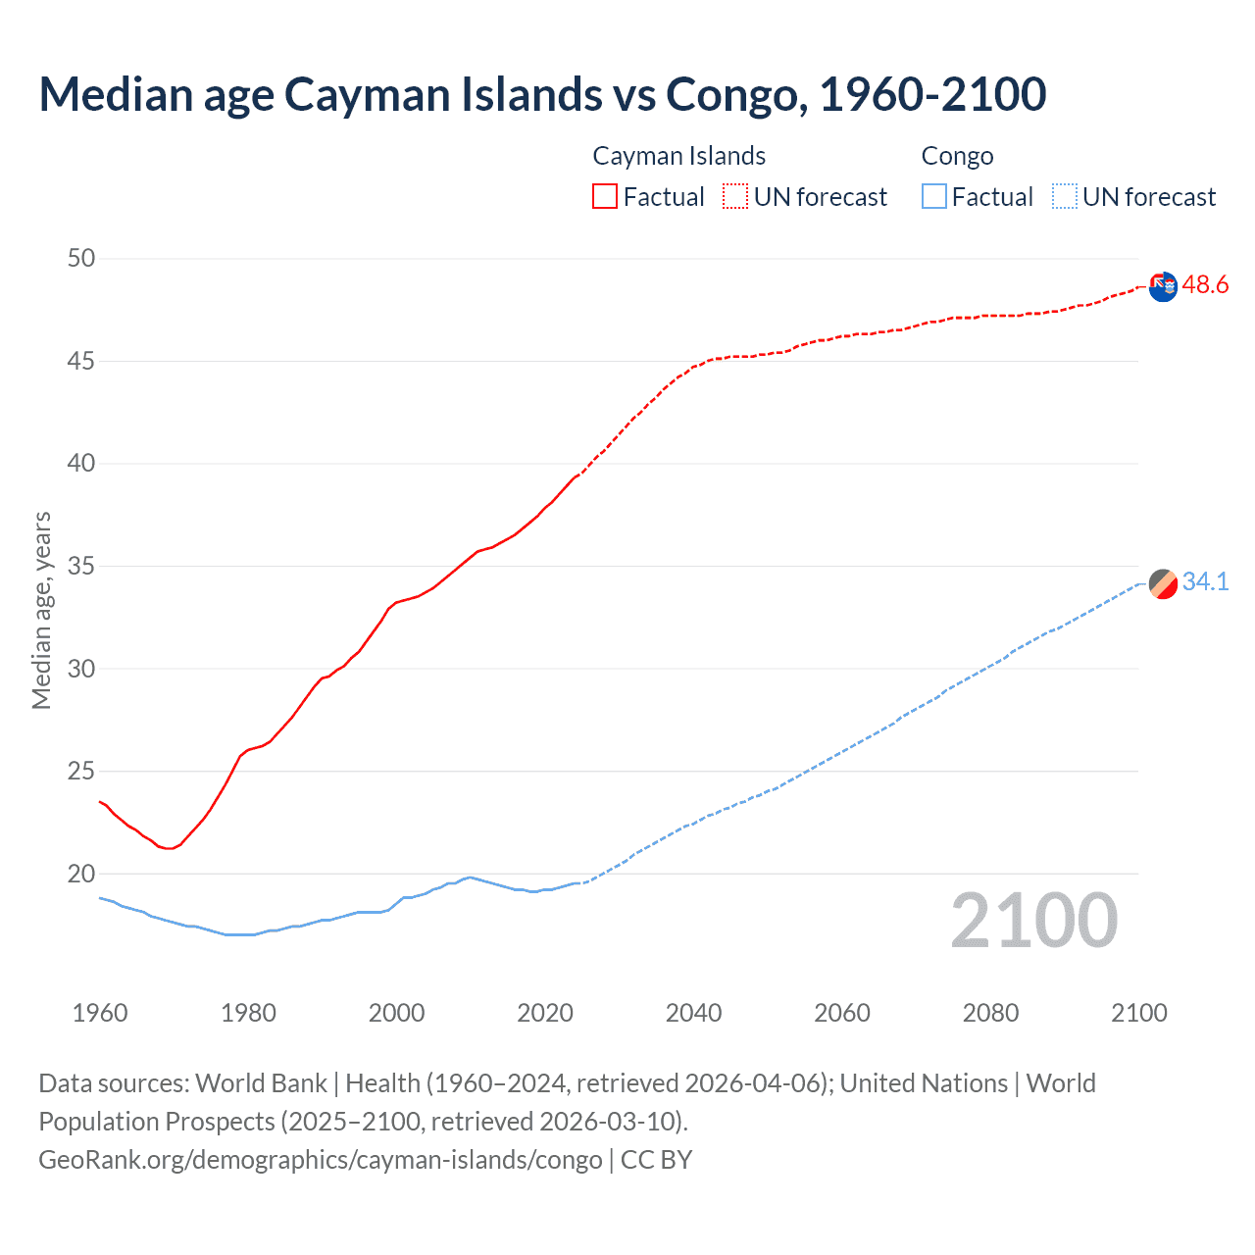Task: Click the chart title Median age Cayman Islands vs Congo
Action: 542,94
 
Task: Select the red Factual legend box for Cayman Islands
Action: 605,196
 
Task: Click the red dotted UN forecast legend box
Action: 735,196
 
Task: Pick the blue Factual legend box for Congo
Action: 934,196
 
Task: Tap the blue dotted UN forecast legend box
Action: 1065,196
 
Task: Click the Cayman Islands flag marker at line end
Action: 1163,287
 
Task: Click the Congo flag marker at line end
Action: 1163,583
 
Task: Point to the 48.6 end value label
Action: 1205,285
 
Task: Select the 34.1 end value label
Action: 1205,582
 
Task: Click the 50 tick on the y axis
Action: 81,259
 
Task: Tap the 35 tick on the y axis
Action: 81,566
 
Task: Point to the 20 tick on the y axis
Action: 81,874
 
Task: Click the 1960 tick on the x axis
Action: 100,1013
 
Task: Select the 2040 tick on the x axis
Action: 693,1013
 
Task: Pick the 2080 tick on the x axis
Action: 990,1013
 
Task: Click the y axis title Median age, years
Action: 41,610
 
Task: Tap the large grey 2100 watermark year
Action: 1033,921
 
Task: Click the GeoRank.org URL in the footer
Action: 320,1160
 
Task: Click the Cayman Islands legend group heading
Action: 678,156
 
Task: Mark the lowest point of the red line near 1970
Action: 169,848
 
